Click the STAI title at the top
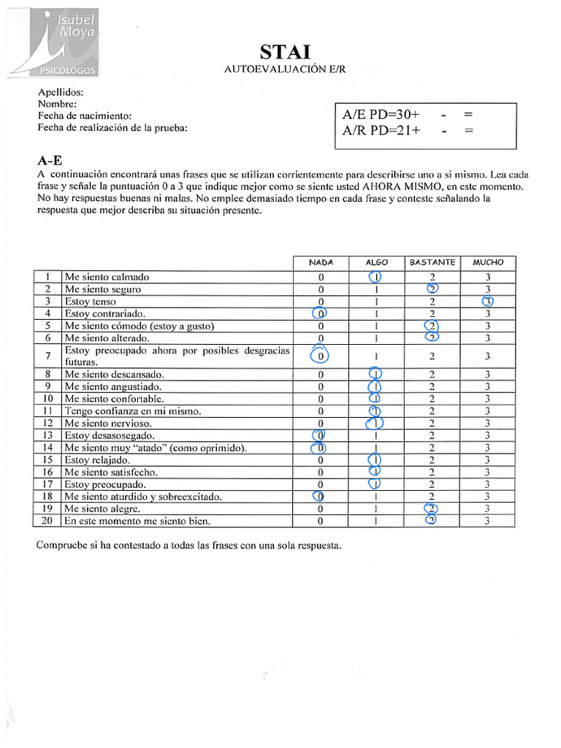pos(286,51)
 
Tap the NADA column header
pos(321,262)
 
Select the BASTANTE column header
pos(432,262)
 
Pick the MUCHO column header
pos(488,262)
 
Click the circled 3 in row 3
pos(488,302)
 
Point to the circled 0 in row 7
pos(320,356)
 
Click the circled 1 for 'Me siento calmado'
pos(376,277)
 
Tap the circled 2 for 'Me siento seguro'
pos(432,289)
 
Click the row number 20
pos(47,522)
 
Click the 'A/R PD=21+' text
pos(381,131)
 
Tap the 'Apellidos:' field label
pos(61,93)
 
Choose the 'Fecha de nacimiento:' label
pos(85,116)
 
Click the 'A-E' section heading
pos(50,161)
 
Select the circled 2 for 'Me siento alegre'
pos(432,509)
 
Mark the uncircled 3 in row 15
pos(488,460)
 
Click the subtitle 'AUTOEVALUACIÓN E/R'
pos(286,69)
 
